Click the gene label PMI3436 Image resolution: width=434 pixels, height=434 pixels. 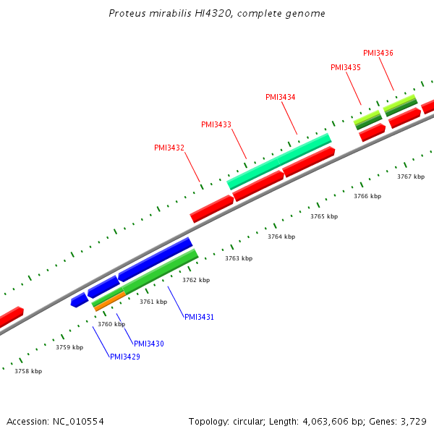378,53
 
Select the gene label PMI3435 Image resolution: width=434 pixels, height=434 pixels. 346,67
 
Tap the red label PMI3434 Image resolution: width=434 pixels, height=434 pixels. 281,97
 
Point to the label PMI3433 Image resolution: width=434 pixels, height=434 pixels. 216,124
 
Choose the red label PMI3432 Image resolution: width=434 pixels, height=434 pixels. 169,148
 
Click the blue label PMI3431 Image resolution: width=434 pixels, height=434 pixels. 199,317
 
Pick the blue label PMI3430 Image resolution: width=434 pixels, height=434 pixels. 149,343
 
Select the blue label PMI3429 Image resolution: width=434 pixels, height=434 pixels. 125,357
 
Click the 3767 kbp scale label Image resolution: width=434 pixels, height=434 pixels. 411,176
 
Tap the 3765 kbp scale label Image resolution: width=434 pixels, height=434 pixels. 324,216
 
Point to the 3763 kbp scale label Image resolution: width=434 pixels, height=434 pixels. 239,258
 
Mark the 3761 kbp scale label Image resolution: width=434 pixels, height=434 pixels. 153,302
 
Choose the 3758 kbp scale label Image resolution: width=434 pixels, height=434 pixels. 28,371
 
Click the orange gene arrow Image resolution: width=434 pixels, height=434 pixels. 109,302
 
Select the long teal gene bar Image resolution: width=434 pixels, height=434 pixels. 279,161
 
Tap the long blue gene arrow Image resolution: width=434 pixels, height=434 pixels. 155,259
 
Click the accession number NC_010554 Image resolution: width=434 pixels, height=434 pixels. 78,421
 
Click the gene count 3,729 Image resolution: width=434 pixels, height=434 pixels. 414,421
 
